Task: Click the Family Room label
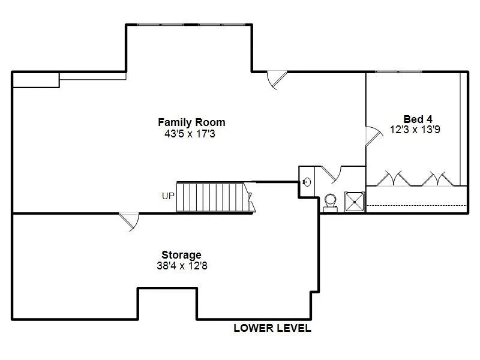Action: coord(191,122)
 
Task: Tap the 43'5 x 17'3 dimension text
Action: coord(190,134)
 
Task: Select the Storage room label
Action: coord(182,254)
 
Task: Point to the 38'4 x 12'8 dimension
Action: coord(182,265)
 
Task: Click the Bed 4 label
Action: coord(418,119)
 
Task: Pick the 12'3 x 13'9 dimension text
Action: coord(415,130)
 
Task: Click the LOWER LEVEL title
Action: coord(272,328)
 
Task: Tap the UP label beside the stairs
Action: coord(168,196)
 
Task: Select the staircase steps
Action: coord(216,197)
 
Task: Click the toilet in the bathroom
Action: coord(331,203)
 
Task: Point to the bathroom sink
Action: coord(307,182)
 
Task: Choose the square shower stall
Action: coord(355,202)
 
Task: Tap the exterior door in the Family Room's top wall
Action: coord(277,80)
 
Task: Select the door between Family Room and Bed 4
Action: coord(373,136)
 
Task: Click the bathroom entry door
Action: coord(331,175)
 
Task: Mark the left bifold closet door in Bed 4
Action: coord(393,179)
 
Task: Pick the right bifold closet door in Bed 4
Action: coord(438,179)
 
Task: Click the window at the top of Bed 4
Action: coord(398,72)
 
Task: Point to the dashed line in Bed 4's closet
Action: coord(416,205)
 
